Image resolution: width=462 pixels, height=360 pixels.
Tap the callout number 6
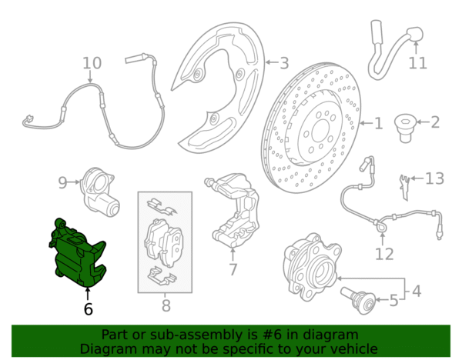(88, 309)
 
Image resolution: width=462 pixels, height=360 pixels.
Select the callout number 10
(92, 63)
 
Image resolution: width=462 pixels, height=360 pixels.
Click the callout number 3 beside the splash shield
(284, 63)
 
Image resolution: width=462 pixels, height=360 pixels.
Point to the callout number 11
(418, 63)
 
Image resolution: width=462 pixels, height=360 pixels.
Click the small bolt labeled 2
(405, 128)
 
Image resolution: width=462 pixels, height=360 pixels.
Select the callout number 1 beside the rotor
(379, 123)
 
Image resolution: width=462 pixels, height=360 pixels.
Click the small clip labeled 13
(404, 187)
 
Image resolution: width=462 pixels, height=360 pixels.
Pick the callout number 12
(384, 254)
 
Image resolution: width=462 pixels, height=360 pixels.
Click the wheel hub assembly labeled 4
(313, 266)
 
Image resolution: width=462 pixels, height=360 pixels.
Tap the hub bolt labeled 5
(358, 300)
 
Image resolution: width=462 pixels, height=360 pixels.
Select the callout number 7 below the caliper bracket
(233, 269)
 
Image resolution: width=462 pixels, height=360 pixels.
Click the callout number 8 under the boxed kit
(166, 305)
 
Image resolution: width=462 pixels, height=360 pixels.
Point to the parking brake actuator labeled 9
(99, 192)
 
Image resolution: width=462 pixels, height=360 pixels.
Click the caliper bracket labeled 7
(233, 209)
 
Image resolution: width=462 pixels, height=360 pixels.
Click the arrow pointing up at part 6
(88, 294)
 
